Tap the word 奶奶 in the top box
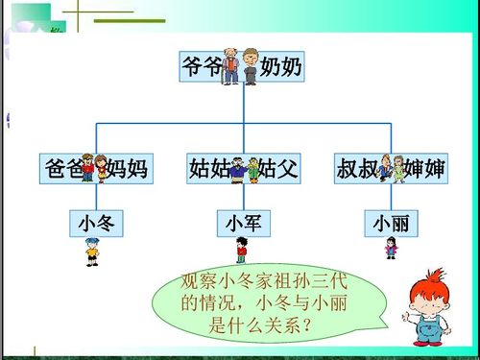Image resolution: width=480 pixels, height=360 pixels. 280,66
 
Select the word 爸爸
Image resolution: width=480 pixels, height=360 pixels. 62,170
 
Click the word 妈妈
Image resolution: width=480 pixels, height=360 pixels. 127,170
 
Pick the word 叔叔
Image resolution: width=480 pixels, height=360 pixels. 357,170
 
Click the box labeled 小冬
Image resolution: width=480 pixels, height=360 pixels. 95,223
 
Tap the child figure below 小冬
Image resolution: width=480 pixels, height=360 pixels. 91,252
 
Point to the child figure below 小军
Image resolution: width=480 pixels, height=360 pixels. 242,251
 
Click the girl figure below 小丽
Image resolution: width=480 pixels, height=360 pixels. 391,248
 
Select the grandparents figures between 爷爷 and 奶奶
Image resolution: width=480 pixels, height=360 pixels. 240,66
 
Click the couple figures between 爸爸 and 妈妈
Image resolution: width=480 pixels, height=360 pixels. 93,169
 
